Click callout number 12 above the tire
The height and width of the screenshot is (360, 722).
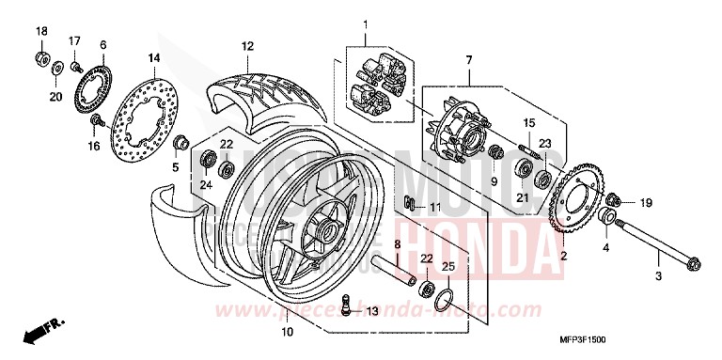point(247,45)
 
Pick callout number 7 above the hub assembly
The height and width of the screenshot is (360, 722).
point(467,60)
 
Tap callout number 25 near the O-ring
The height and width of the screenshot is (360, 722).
point(448,268)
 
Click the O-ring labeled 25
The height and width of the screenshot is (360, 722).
point(446,301)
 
